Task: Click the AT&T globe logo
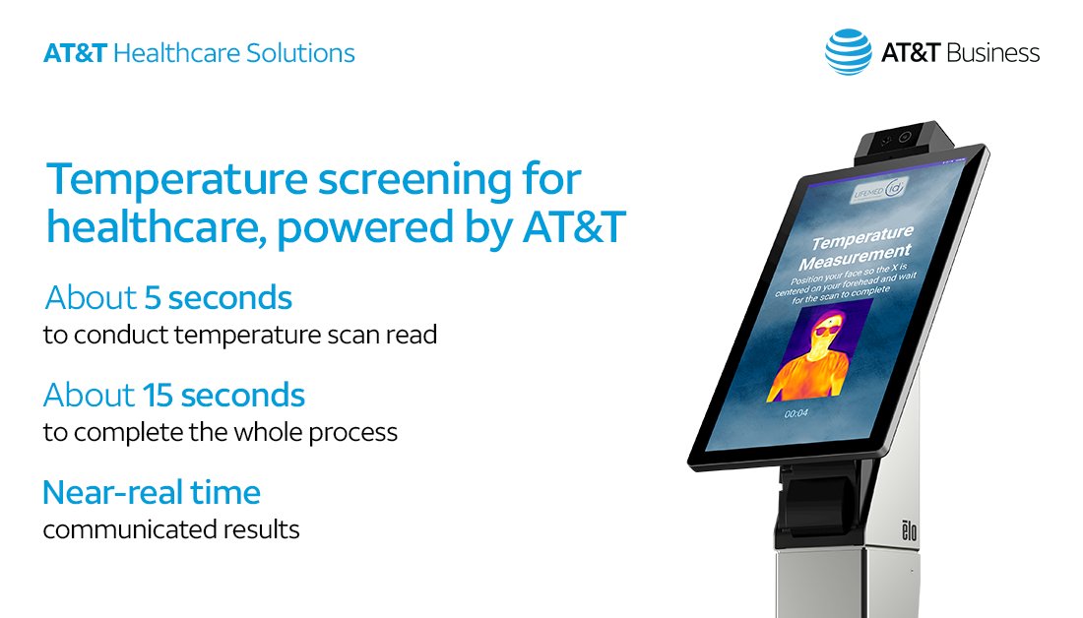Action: click(x=849, y=51)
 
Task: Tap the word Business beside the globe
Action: click(x=992, y=52)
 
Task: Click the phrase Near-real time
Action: click(x=152, y=491)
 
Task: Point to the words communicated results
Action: click(x=171, y=528)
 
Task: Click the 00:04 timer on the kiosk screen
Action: click(x=796, y=414)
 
